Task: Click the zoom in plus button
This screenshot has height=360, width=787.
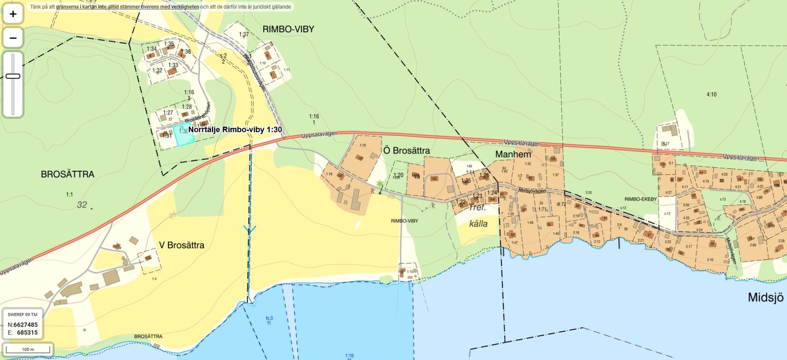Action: point(13,14)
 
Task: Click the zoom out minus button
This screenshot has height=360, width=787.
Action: point(13,38)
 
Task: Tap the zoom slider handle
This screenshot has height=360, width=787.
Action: point(13,76)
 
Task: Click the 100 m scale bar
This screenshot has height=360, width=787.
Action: point(28,350)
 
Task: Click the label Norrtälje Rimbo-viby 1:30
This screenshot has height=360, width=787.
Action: point(235,129)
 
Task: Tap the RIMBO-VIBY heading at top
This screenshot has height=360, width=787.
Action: point(288,29)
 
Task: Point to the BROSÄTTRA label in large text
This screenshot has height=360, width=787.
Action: point(67,175)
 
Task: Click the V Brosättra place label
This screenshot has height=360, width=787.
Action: point(182,245)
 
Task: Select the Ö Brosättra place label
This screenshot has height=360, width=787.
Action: point(406,151)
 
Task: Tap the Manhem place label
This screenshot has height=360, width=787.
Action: point(513,154)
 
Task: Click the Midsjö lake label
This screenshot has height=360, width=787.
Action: point(766,298)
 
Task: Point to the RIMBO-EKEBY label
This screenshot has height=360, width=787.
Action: point(641,199)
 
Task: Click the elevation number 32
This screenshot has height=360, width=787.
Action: point(82,205)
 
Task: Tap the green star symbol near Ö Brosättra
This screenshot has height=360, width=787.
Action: point(379,184)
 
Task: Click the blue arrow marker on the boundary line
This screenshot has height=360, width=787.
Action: point(249,229)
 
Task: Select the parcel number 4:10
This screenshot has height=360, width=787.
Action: point(711,94)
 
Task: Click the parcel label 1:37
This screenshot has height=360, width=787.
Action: point(244,34)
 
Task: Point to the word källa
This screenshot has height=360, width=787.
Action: point(478,224)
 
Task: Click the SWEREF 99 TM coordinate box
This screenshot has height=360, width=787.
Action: point(23,324)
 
